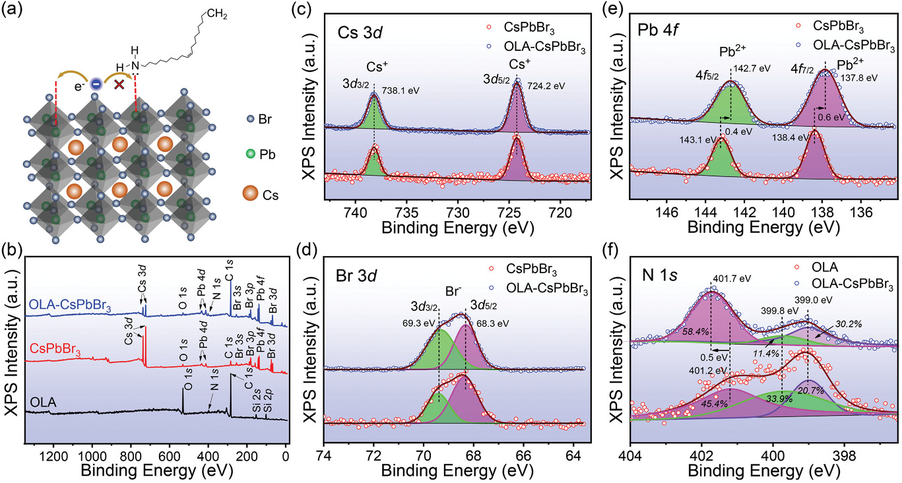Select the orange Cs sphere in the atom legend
(x=251, y=197)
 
